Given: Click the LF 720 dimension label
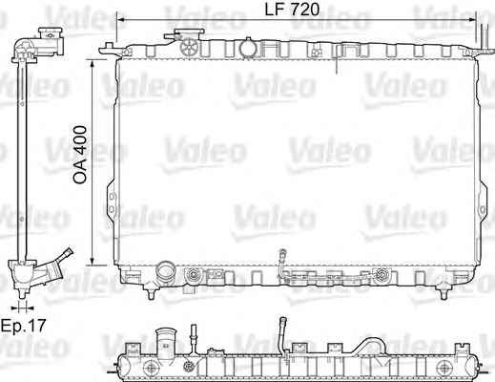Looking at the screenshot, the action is tap(292, 10).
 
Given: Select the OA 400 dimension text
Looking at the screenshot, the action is tap(79, 155).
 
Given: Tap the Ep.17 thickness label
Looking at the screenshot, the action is tap(24, 326).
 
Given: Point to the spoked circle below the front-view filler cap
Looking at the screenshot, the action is tap(190, 47).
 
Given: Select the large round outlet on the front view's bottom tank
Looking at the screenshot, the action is tap(166, 272).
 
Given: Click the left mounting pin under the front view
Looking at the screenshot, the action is tap(152, 291).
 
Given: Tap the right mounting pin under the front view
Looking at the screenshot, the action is tap(443, 291).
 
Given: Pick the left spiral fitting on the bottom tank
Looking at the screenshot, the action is tap(193, 275).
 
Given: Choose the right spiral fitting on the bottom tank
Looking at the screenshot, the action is tap(382, 275).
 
